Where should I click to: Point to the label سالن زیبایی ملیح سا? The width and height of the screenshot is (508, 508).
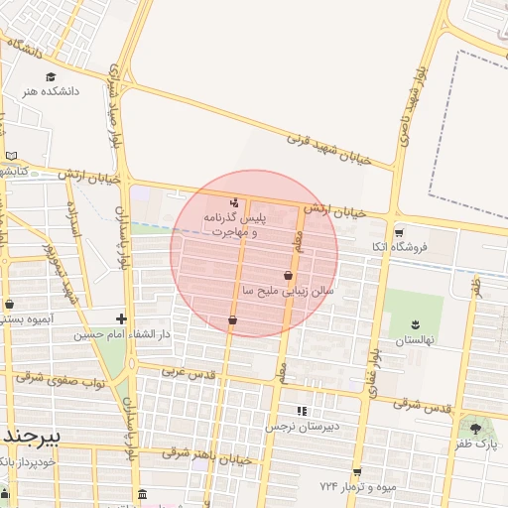289,291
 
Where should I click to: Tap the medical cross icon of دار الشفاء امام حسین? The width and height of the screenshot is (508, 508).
121,318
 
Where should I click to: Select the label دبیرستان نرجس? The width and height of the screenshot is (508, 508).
302,426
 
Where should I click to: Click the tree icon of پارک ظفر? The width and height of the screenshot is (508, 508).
475,429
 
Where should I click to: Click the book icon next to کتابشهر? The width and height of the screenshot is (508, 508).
12,156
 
